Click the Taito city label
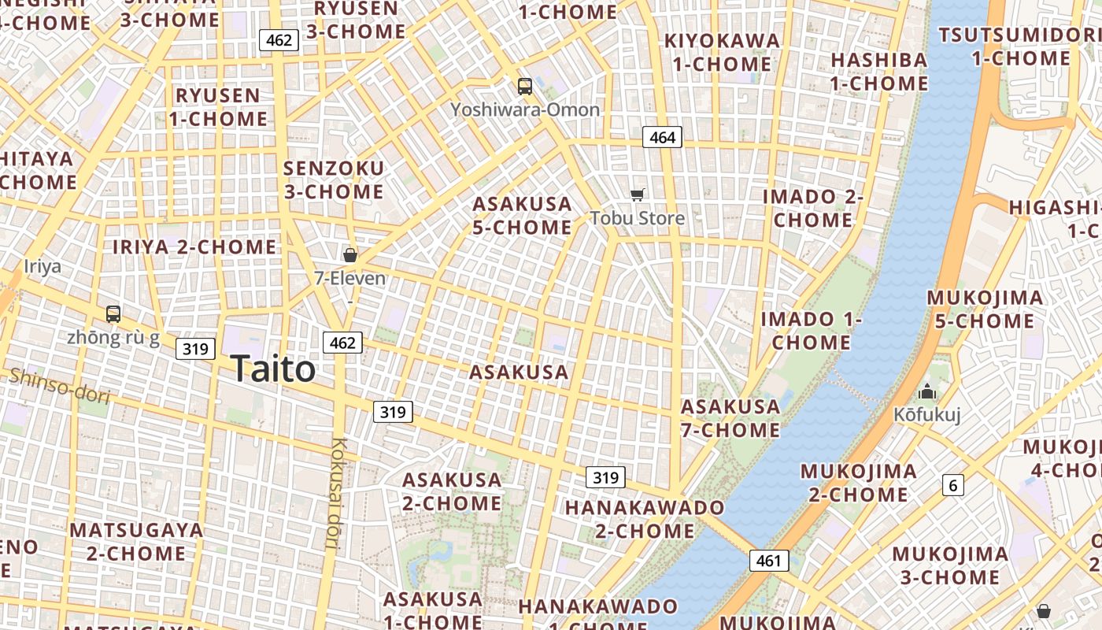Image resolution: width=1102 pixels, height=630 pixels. point(273,369)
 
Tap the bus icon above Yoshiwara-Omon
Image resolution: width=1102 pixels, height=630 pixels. point(525,87)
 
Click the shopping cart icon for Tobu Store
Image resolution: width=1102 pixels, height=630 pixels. point(638,195)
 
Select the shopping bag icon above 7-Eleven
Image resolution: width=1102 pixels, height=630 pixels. point(350,255)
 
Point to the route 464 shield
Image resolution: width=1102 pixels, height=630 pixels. point(662,138)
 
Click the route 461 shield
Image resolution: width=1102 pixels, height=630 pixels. point(768,561)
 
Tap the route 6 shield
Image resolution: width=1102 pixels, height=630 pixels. point(953,485)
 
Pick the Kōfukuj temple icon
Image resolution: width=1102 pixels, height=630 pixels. point(927,391)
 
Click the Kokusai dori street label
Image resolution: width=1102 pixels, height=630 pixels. point(339,492)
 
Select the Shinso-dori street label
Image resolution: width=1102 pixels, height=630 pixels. point(59,385)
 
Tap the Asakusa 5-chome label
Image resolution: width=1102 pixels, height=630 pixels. point(522,216)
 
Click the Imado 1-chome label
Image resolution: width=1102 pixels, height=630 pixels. point(812,331)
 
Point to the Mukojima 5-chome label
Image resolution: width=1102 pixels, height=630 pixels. point(985,309)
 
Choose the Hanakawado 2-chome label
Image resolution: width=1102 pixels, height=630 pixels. point(645,519)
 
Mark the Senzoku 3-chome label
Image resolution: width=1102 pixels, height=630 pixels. point(334,180)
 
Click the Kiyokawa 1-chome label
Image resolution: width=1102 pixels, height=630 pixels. point(723,52)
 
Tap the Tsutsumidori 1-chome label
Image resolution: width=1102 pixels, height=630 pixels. point(1020,46)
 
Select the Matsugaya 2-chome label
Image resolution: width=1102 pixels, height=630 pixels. point(136,541)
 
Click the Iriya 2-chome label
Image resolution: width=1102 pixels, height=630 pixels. point(194,247)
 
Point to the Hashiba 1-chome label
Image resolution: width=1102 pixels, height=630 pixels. point(879,71)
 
